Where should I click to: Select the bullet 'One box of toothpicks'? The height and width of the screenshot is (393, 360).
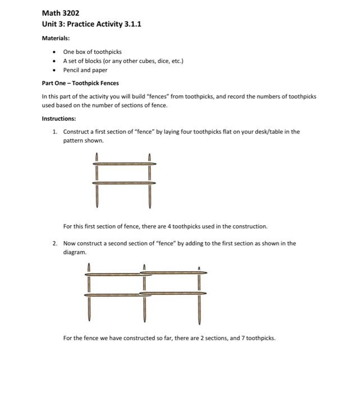[x=92, y=52]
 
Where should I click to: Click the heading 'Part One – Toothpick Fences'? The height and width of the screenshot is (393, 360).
[x=80, y=83]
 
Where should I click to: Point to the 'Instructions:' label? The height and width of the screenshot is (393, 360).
[x=59, y=118]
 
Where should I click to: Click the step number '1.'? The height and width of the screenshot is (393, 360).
[x=55, y=132]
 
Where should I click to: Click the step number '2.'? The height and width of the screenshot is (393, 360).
[x=55, y=244]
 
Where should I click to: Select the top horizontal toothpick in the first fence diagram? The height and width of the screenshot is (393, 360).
[x=123, y=163]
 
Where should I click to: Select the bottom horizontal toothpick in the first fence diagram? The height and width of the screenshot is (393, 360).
[x=123, y=183]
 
